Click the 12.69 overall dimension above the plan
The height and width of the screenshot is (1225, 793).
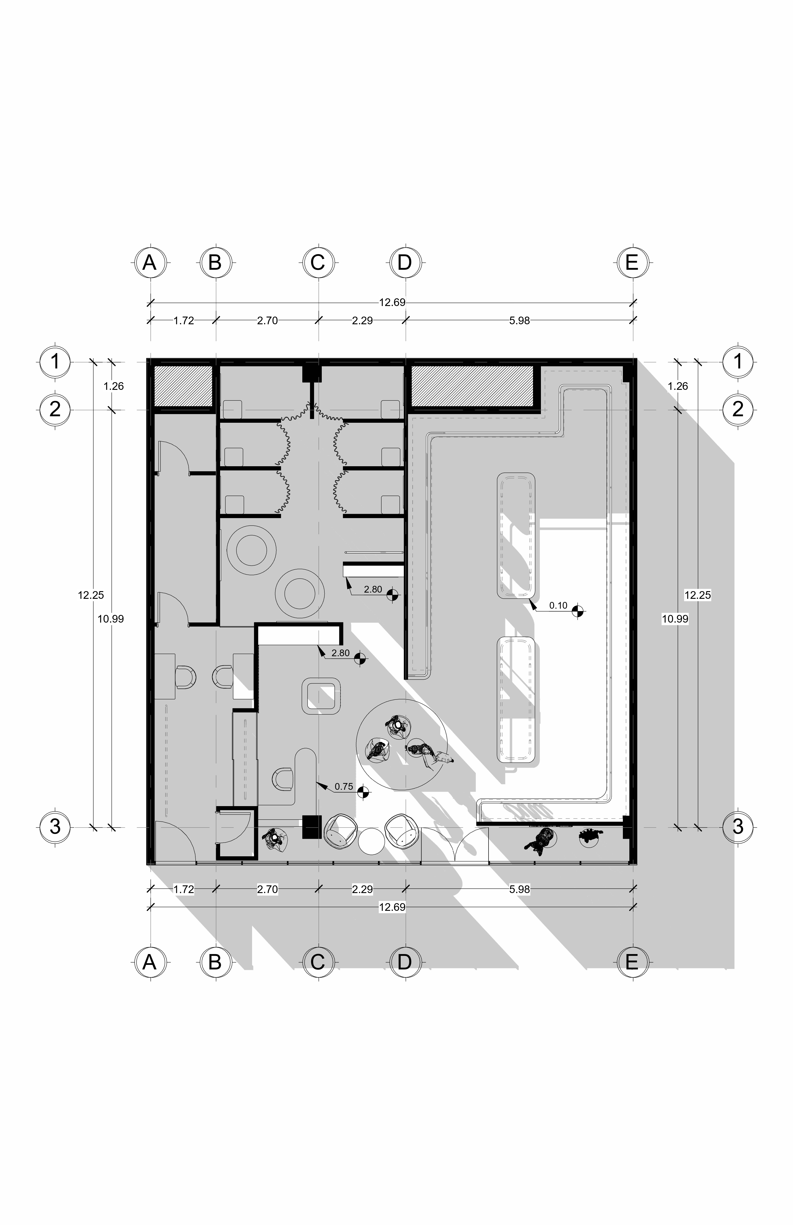(392, 302)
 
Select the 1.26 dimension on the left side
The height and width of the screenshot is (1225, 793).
(113, 386)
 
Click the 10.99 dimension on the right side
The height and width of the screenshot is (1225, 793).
(675, 619)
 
